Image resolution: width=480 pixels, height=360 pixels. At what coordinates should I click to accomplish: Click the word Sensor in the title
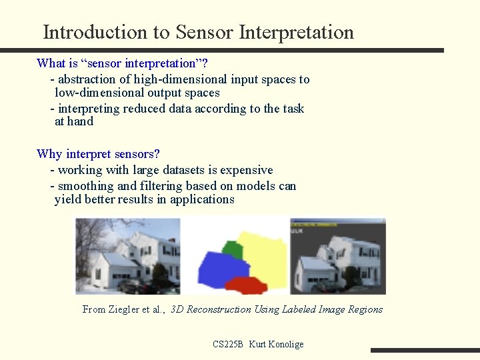(x=204, y=32)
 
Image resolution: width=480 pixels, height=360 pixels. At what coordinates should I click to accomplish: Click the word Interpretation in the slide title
(x=296, y=33)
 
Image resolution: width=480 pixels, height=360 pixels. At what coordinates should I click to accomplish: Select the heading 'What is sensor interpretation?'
(x=122, y=63)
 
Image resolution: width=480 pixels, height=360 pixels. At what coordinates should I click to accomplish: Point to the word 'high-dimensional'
(x=180, y=79)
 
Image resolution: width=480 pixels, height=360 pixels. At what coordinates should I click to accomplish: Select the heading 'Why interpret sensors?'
(x=98, y=154)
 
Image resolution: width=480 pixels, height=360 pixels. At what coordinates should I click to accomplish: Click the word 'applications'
(x=202, y=199)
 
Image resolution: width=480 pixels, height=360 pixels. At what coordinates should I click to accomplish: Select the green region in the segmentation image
(x=232, y=249)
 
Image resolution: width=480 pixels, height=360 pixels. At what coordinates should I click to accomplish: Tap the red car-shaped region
(x=246, y=285)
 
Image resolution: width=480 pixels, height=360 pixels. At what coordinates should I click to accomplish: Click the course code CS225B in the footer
(x=228, y=345)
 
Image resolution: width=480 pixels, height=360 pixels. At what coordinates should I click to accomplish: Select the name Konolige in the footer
(x=285, y=345)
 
